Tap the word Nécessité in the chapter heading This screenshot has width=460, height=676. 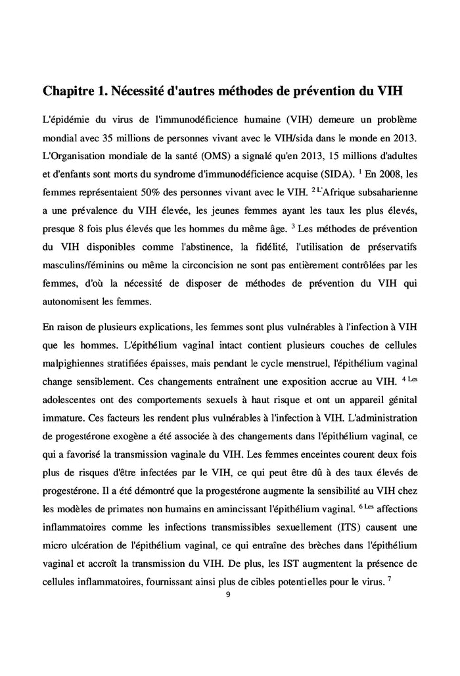click(143, 91)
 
